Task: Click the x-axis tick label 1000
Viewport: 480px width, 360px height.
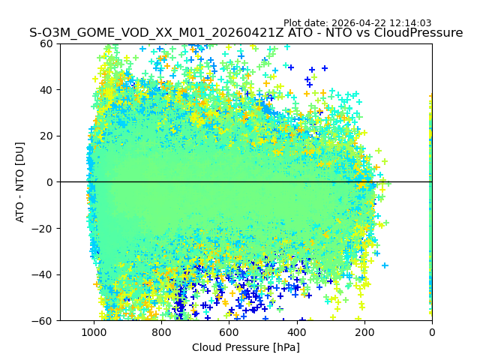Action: point(94,332)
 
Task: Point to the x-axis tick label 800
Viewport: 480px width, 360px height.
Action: point(161,332)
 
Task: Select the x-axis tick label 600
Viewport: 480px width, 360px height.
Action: point(229,332)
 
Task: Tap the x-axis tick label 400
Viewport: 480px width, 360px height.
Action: point(296,332)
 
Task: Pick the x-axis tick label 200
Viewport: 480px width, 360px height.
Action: point(364,332)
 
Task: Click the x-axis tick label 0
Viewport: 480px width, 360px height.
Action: point(431,332)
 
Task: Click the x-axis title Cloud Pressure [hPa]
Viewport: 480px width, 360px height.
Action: point(246,347)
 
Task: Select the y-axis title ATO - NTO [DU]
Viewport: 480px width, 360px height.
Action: point(20,182)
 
